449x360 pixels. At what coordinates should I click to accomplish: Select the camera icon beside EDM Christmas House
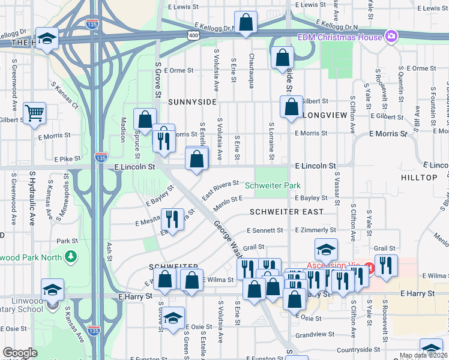point(392,37)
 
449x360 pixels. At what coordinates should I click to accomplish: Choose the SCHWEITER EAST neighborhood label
point(286,212)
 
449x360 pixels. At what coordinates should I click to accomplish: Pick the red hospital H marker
point(370,266)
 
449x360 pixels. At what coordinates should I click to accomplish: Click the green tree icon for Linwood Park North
point(71,257)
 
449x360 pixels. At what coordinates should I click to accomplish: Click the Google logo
point(20,353)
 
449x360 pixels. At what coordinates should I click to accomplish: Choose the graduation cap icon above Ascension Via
point(326,249)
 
